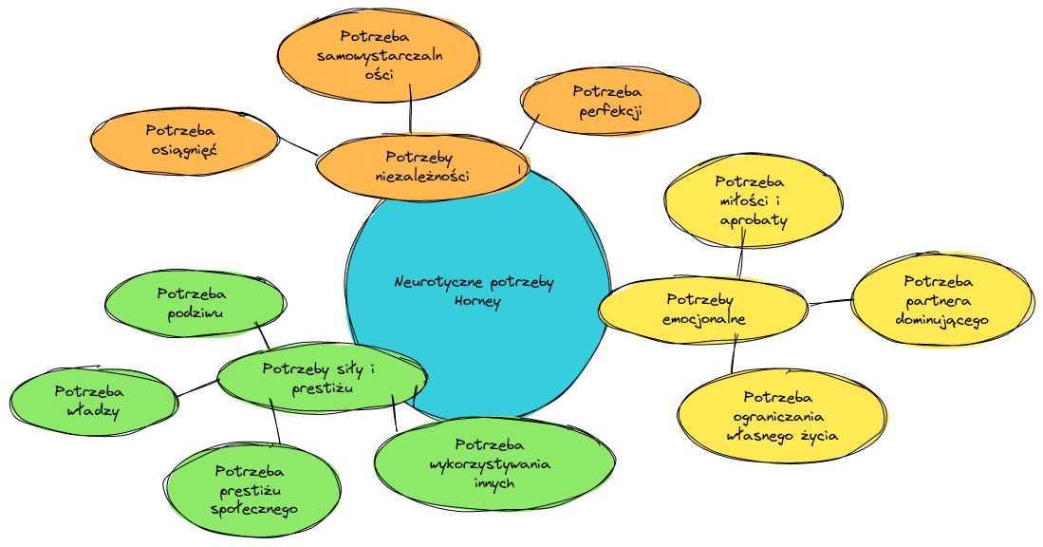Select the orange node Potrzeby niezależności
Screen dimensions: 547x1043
(419, 166)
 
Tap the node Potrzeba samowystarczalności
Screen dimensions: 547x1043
(378, 56)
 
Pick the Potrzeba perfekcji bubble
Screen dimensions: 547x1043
(610, 102)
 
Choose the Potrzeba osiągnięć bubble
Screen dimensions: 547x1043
(184, 141)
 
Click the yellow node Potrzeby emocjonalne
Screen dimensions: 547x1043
(703, 309)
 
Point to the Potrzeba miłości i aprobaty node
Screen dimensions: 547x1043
(753, 199)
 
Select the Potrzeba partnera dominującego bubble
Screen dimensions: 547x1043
(941, 299)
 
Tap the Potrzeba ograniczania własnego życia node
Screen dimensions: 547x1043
(782, 415)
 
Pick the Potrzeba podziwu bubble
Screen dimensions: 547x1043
(194, 303)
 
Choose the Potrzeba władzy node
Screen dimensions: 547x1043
(93, 401)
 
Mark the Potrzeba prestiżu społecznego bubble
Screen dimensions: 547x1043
(252, 488)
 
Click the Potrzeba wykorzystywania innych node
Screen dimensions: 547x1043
(495, 462)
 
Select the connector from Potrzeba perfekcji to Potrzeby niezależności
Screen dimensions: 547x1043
(530, 131)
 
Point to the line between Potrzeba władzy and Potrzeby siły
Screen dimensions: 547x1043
(197, 388)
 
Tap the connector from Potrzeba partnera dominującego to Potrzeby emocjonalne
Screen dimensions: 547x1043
(830, 303)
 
